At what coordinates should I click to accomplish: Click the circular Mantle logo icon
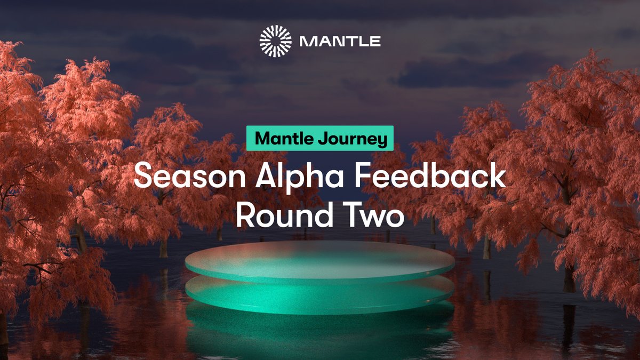click(276, 41)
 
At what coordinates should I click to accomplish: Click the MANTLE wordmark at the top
click(340, 42)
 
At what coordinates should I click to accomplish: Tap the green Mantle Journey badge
click(320, 139)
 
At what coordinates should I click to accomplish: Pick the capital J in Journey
click(323, 139)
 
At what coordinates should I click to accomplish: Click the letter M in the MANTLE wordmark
click(307, 42)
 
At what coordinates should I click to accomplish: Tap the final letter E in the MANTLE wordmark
click(375, 42)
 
